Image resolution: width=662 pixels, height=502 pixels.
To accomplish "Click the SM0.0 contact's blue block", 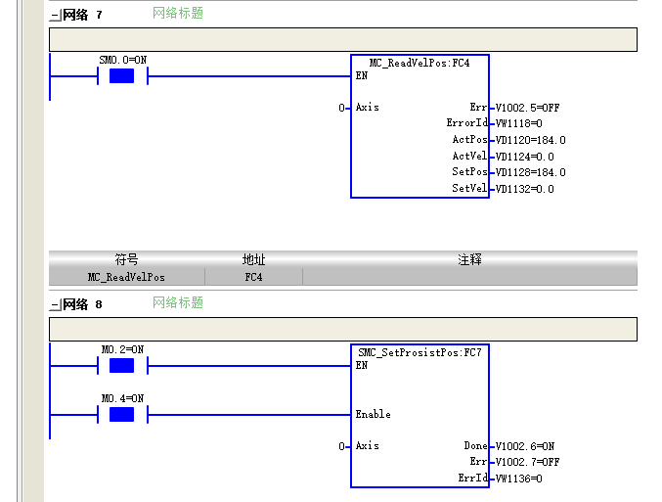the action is pyautogui.click(x=121, y=76).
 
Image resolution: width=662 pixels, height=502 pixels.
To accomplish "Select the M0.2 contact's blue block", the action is pyautogui.click(x=121, y=366).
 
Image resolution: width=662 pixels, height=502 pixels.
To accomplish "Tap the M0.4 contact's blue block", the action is pyautogui.click(x=121, y=415).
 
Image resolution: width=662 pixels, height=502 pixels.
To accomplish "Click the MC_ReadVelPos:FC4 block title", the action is pyautogui.click(x=419, y=63).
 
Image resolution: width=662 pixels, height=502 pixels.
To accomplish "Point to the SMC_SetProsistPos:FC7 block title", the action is pyautogui.click(x=419, y=352).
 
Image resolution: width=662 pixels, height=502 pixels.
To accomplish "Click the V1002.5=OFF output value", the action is pyautogui.click(x=527, y=108).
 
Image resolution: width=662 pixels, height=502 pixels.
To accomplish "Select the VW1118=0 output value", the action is pyautogui.click(x=519, y=123).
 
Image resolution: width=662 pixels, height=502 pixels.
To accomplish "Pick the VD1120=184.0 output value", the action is pyautogui.click(x=530, y=140).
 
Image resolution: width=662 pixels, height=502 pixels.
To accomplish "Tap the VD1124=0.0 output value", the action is pyautogui.click(x=524, y=157).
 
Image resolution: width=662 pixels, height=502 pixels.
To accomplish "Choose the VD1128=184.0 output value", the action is pyautogui.click(x=530, y=172).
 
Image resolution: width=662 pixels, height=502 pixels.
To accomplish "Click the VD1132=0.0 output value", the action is pyautogui.click(x=524, y=189).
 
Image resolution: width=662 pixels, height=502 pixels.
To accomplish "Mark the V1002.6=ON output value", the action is pyautogui.click(x=525, y=446).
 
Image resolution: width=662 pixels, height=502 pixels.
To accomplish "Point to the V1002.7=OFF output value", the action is pyautogui.click(x=527, y=462).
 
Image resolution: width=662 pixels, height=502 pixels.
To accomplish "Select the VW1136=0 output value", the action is pyautogui.click(x=519, y=479).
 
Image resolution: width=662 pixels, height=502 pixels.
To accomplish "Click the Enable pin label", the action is pyautogui.click(x=374, y=414).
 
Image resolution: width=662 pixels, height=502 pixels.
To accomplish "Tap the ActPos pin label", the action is pyautogui.click(x=470, y=139).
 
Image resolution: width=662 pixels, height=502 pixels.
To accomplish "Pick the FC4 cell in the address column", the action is pyautogui.click(x=253, y=277).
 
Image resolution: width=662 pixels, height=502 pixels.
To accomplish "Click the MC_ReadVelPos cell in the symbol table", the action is pyautogui.click(x=126, y=277).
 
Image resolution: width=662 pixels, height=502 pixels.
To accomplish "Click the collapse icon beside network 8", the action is pyautogui.click(x=56, y=304).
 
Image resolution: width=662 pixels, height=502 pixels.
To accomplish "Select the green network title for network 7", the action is pyautogui.click(x=178, y=13).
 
